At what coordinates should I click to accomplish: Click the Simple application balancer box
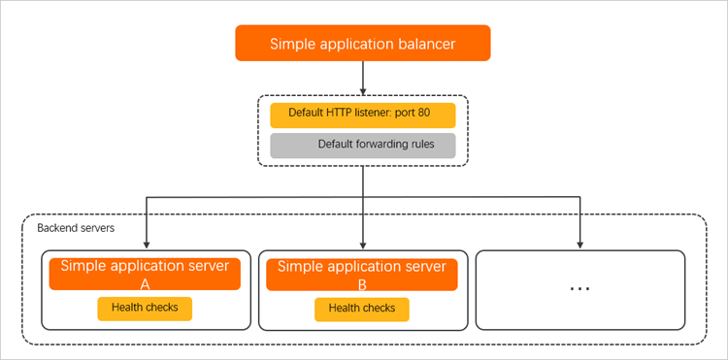pyautogui.click(x=363, y=43)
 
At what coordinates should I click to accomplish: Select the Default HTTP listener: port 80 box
pyautogui.click(x=363, y=115)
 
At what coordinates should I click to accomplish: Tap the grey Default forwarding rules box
pyautogui.click(x=363, y=146)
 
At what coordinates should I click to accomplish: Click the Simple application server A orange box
pyautogui.click(x=145, y=275)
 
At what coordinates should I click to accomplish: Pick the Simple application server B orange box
pyautogui.click(x=362, y=275)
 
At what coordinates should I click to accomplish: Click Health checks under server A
pyautogui.click(x=145, y=309)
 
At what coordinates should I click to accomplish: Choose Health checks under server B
pyautogui.click(x=362, y=309)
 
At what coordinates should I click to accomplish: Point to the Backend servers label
pyautogui.click(x=76, y=228)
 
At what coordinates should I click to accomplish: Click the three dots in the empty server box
pyautogui.click(x=579, y=288)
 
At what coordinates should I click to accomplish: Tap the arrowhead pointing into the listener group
pyautogui.click(x=363, y=90)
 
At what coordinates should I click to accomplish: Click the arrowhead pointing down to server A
pyautogui.click(x=147, y=245)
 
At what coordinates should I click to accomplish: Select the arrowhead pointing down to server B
pyautogui.click(x=363, y=245)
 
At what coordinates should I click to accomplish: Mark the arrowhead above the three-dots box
pyautogui.click(x=580, y=245)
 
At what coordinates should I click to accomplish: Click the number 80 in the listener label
pyautogui.click(x=423, y=113)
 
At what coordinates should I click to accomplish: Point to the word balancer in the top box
pyautogui.click(x=427, y=44)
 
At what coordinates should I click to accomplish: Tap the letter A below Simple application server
pyautogui.click(x=145, y=284)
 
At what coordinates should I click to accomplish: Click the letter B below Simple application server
pyautogui.click(x=362, y=285)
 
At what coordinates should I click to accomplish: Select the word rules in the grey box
pyautogui.click(x=423, y=144)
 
